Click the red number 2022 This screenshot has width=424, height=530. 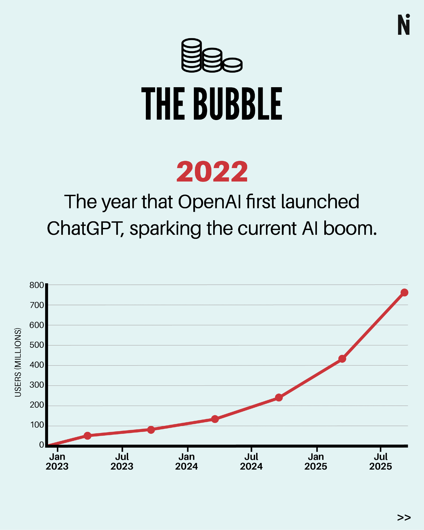coord(212,172)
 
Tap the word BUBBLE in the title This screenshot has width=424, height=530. coord(238,104)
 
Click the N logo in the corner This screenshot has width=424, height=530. coord(404,25)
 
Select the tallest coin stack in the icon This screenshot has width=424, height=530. coord(191,55)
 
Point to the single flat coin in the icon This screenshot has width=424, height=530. coord(232,65)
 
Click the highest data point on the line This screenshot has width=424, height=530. coord(404,293)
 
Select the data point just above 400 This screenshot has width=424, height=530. coord(342,359)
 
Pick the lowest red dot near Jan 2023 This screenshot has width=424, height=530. coord(88,436)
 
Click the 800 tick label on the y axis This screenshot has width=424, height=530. coord(37,285)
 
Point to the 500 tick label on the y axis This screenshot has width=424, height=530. coord(37,345)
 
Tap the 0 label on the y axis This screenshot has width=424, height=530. coord(41,445)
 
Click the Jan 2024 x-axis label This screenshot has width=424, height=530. coord(186,461)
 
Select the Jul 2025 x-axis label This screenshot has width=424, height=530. coord(381,461)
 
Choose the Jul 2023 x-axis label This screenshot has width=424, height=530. coord(122,461)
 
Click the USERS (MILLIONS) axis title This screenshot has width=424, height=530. coord(18,362)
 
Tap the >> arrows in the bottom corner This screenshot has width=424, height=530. coord(404,517)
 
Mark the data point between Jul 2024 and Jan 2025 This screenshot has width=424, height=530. coord(279,397)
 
